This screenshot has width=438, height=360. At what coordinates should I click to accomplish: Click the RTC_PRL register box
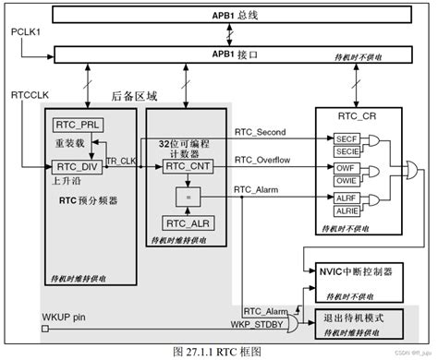(x=77, y=125)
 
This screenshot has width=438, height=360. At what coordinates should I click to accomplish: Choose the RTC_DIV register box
(x=77, y=166)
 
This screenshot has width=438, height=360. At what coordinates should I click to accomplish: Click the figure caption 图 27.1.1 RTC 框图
(x=219, y=352)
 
